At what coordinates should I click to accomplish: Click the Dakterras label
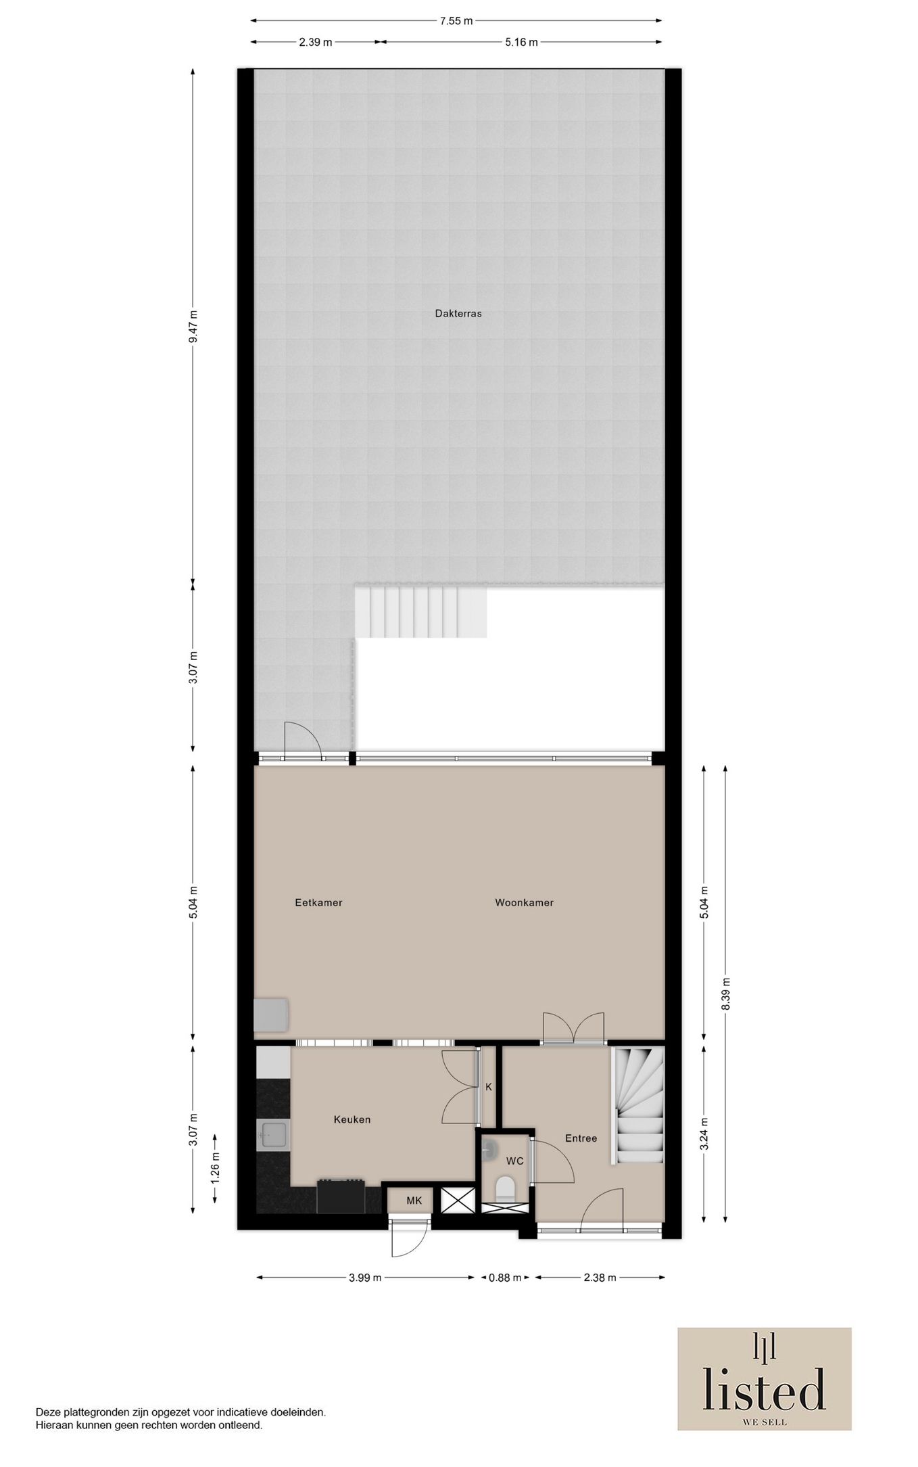[x=458, y=314]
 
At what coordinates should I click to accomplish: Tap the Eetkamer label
[x=318, y=902]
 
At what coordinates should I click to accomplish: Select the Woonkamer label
[x=524, y=902]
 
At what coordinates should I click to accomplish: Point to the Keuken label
[x=352, y=1119]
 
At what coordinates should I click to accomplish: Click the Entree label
[x=581, y=1138]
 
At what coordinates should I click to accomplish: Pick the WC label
[x=515, y=1161]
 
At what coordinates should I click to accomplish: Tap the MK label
[x=414, y=1201]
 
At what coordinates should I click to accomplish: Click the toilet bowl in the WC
[x=505, y=1188]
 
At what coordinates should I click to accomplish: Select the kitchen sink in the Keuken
[x=274, y=1134]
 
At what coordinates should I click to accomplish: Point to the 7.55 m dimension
[x=456, y=21]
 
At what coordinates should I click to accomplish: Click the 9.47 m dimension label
[x=193, y=327]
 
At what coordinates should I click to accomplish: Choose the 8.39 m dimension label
[x=726, y=994]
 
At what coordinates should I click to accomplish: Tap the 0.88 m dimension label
[x=505, y=1278]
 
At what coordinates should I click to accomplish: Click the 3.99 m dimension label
[x=365, y=1278]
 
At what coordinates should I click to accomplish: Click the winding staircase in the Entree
[x=637, y=1106]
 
